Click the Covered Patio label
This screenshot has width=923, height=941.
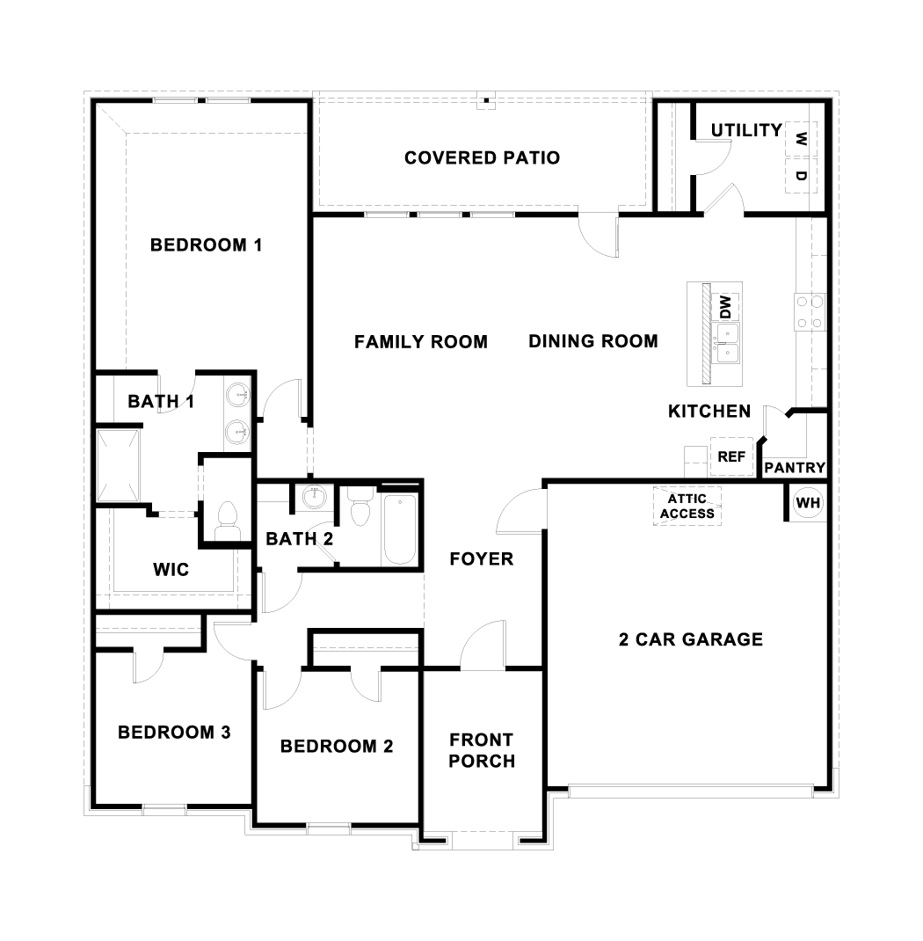tap(482, 157)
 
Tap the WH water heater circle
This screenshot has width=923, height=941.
tap(807, 503)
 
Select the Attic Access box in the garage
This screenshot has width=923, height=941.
tap(687, 507)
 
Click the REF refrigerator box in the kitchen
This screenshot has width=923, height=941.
tap(731, 456)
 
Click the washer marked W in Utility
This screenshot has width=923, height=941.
tap(800, 139)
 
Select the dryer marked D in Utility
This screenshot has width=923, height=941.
tap(800, 176)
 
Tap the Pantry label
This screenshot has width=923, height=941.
tap(794, 468)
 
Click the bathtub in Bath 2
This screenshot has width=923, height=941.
tap(399, 529)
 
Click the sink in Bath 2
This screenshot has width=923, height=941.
tap(312, 498)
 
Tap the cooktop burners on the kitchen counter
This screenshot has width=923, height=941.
tap(810, 312)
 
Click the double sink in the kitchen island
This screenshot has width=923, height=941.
tap(726, 344)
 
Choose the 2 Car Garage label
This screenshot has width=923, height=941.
tap(690, 639)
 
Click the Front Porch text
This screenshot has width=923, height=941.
tap(481, 750)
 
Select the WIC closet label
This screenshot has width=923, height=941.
tap(171, 570)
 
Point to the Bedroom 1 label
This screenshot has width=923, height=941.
tap(206, 244)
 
